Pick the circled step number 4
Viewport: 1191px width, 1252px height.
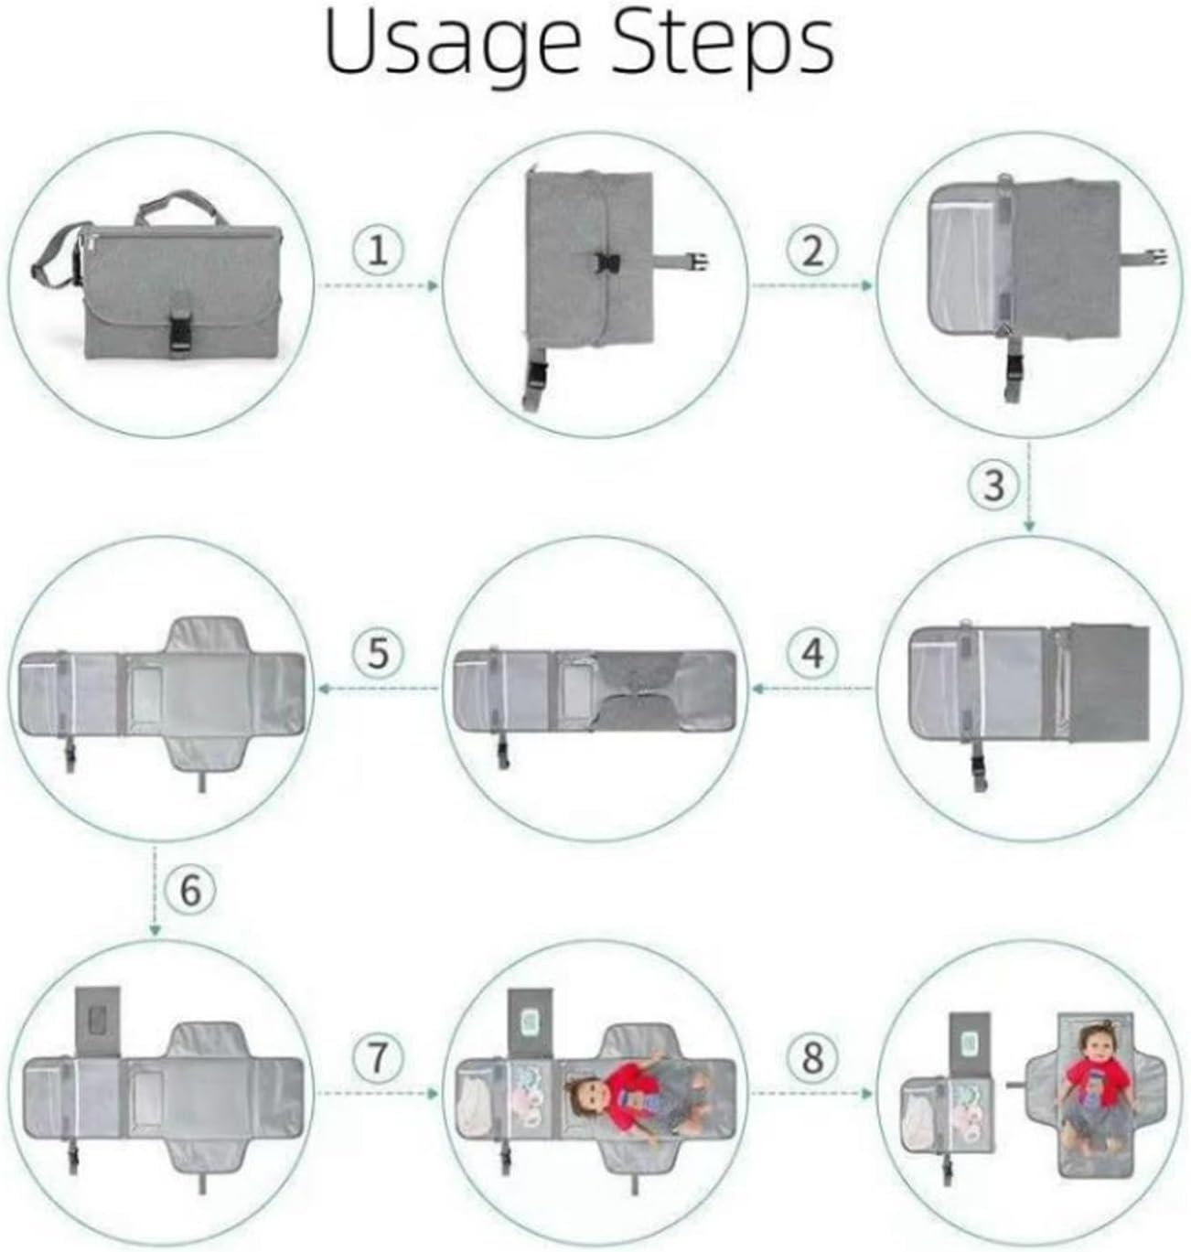pos(812,653)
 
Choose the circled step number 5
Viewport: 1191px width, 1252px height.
pos(379,653)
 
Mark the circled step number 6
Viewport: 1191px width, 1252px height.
pos(190,890)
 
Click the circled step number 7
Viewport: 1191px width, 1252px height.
pos(379,1057)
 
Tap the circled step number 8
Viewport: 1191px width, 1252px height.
pos(812,1057)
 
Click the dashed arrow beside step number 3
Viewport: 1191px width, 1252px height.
pos(1029,487)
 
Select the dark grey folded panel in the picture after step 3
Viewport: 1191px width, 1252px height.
pos(1110,683)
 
